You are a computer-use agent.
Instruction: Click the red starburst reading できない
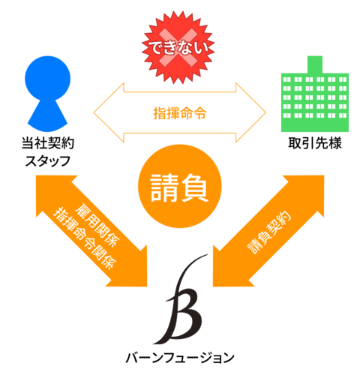pyautogui.click(x=178, y=47)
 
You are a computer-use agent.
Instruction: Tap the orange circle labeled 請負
pyautogui.click(x=180, y=186)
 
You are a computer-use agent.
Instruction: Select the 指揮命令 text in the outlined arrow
pyautogui.click(x=180, y=113)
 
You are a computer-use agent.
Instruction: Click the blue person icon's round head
pyautogui.click(x=47, y=78)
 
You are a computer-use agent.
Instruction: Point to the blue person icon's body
pyautogui.click(x=47, y=115)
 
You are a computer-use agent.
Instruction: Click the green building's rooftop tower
pyautogui.click(x=315, y=64)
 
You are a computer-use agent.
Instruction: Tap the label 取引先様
pyautogui.click(x=315, y=143)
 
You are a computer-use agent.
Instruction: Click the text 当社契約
pyautogui.click(x=48, y=143)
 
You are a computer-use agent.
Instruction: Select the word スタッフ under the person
pyautogui.click(x=48, y=160)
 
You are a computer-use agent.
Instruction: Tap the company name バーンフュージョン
pyautogui.click(x=180, y=358)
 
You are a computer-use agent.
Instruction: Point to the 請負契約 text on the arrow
pyautogui.click(x=268, y=232)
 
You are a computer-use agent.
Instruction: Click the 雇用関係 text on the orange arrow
pyautogui.click(x=97, y=226)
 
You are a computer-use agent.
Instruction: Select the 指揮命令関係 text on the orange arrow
pyautogui.click(x=85, y=238)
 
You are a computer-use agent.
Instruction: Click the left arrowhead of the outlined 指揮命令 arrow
pyautogui.click(x=109, y=112)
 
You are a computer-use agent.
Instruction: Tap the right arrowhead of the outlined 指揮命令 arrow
pyautogui.click(x=250, y=112)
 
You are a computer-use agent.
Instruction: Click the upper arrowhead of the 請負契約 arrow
pyautogui.click(x=310, y=190)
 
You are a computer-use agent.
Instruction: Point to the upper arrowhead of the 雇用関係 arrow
pyautogui.click(x=50, y=190)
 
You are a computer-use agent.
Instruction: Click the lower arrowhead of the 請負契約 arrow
pyautogui.click(x=227, y=272)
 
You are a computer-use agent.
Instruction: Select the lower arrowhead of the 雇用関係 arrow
pyautogui.click(x=133, y=272)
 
